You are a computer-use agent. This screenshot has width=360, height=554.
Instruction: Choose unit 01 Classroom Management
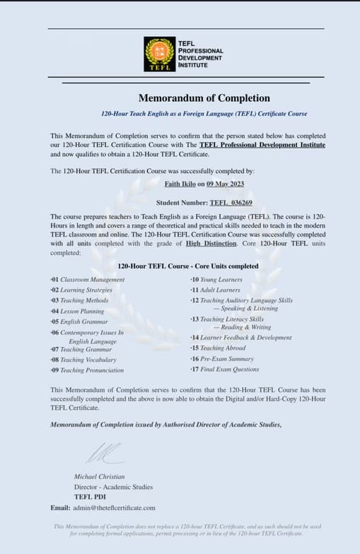[88, 280]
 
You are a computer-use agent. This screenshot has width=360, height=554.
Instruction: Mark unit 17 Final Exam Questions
[224, 370]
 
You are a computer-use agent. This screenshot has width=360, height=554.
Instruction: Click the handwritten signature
[103, 452]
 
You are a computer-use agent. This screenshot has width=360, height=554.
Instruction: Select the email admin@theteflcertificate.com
[112, 507]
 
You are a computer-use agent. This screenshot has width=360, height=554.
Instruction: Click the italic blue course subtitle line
[194, 114]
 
